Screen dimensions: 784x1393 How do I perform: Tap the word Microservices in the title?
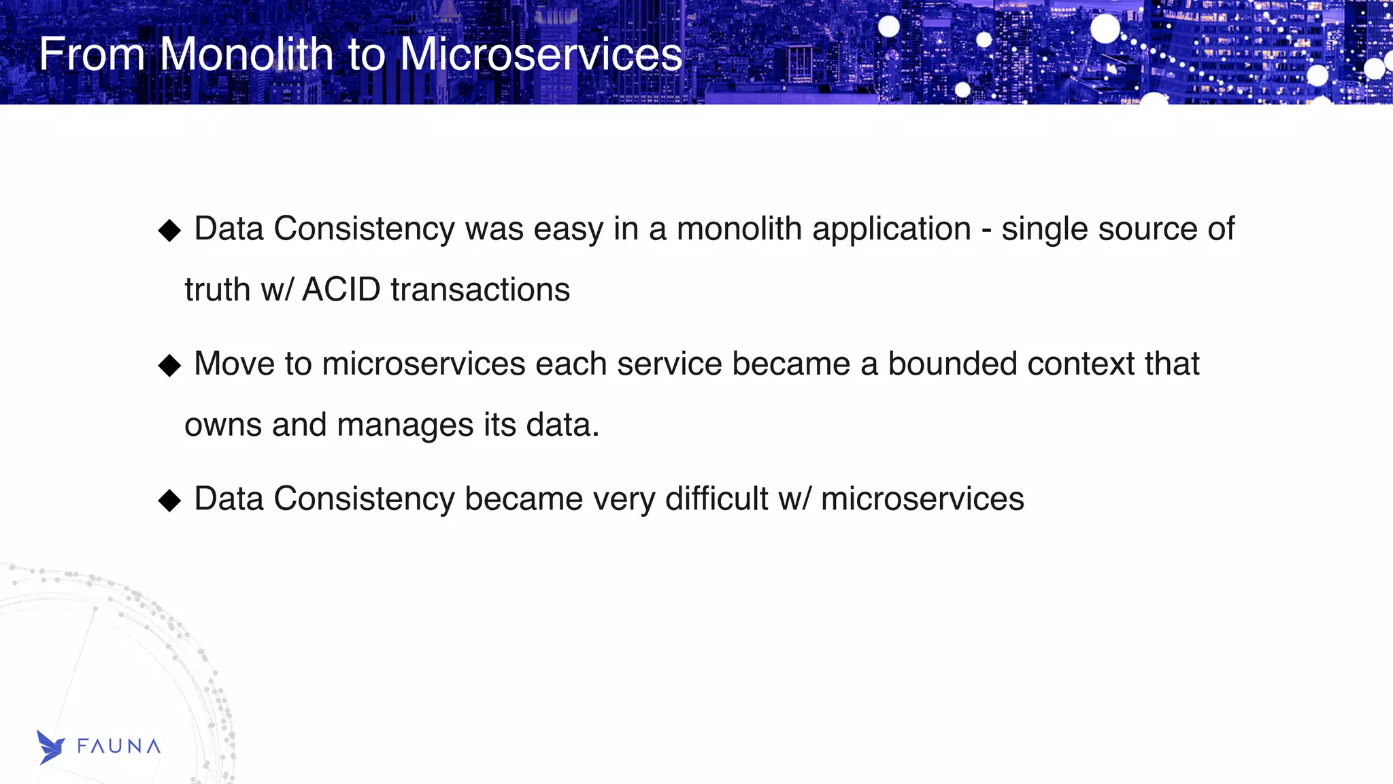point(541,54)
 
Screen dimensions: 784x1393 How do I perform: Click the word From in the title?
point(92,54)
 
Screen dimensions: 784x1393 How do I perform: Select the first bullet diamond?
point(169,231)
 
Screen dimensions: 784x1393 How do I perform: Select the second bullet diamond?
point(169,366)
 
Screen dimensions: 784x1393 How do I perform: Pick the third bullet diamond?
point(169,501)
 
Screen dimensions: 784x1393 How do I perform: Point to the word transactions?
point(480,290)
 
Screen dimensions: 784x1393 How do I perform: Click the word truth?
point(217,290)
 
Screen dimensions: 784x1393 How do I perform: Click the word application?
point(892,230)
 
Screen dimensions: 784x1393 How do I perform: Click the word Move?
point(234,364)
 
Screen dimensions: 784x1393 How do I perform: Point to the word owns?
point(223,426)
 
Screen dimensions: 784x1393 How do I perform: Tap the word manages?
point(405,426)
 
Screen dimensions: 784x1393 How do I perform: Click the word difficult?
point(716,499)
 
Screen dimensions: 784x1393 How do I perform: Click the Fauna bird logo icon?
point(50,747)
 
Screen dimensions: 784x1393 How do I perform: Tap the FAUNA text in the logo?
point(119,747)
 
